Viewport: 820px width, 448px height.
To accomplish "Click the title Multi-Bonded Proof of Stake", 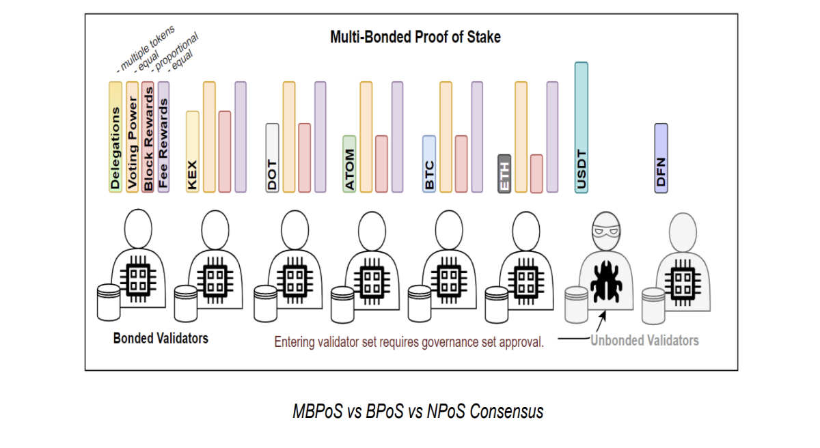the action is click(x=415, y=37).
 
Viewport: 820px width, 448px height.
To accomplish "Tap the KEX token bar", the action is click(x=193, y=152).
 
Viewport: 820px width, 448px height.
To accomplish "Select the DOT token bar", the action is click(x=272, y=158).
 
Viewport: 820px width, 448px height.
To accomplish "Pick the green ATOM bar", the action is click(x=349, y=164).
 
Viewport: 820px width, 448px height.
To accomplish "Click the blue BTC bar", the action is click(x=429, y=164).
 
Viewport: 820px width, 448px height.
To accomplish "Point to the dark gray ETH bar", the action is click(x=504, y=173).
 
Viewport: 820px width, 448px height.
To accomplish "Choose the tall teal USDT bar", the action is click(x=582, y=128).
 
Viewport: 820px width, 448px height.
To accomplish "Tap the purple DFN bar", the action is click(x=661, y=158).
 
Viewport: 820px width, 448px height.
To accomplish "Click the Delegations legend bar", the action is click(x=115, y=137).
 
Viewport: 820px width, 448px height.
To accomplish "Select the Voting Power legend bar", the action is click(x=132, y=137).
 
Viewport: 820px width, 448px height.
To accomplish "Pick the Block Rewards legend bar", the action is click(x=148, y=137).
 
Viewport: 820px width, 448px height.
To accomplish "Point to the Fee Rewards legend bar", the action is click(x=163, y=137).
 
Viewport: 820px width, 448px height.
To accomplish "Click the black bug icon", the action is click(x=606, y=281).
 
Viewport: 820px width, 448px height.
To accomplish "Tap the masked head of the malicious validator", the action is click(x=606, y=231).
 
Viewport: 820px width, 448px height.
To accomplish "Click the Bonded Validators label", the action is click(x=161, y=338).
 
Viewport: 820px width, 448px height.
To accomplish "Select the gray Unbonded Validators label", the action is click(x=644, y=341).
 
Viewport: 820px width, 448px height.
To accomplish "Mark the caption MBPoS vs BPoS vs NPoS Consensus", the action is click(x=418, y=411).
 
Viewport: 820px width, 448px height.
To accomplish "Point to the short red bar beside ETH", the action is click(x=536, y=173).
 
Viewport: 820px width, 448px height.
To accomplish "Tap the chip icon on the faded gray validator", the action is click(x=683, y=282).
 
